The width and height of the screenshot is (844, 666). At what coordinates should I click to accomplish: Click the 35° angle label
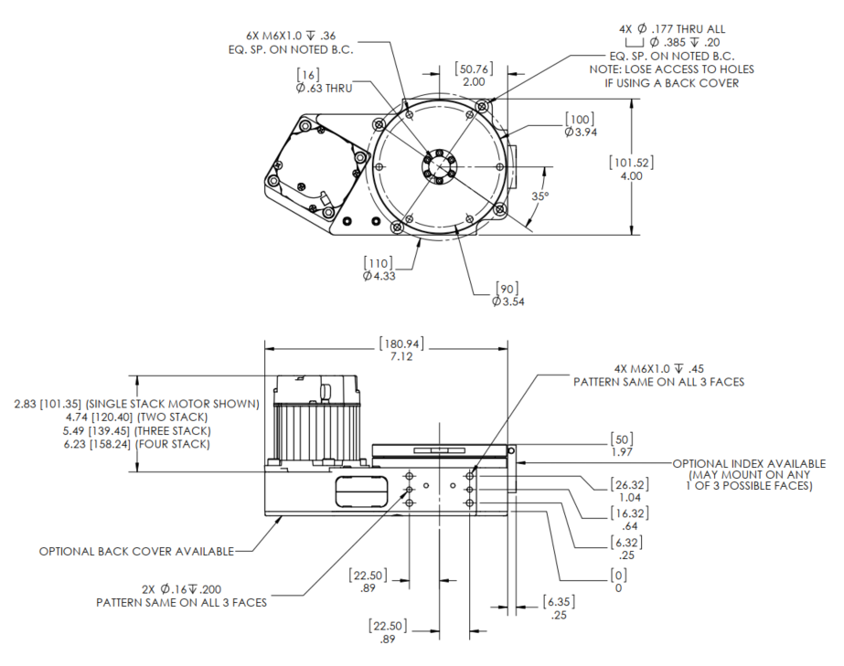tap(540, 196)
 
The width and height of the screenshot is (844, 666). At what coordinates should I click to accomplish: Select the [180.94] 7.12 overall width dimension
tap(401, 351)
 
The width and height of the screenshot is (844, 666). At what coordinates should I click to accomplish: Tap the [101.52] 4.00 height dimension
tap(631, 169)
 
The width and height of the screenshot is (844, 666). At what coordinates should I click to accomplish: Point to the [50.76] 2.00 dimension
tap(474, 74)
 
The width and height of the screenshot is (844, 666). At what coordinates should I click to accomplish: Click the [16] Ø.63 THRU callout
tap(322, 81)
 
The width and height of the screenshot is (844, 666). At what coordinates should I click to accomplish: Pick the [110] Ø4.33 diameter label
tap(379, 270)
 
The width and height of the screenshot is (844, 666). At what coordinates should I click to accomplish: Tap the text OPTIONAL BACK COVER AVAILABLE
tap(136, 551)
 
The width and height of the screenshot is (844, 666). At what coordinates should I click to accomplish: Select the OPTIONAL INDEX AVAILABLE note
tap(749, 475)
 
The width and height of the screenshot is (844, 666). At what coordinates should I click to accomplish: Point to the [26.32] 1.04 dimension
tap(631, 491)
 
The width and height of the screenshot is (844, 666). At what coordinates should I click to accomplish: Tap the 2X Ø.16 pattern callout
tap(182, 596)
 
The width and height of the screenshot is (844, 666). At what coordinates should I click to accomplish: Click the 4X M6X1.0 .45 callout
tap(657, 375)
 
